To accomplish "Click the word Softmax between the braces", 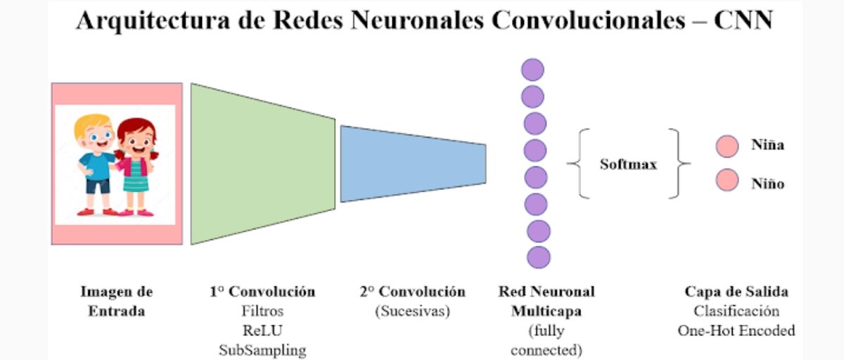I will click(628, 165).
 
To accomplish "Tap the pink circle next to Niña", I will click(727, 146).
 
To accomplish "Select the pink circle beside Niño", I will click(727, 181).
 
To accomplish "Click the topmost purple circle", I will click(532, 70).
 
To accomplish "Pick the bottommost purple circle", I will click(539, 257).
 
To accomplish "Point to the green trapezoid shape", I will click(262, 164).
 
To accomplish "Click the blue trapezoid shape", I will click(411, 164).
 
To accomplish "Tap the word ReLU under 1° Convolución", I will click(262, 330).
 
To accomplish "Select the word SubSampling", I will click(262, 349).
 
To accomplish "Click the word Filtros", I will click(262, 311).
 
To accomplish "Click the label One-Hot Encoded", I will click(736, 330).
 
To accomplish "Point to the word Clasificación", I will click(736, 311).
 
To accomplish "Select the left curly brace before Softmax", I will click(577, 163).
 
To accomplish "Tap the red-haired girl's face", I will click(135, 136).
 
